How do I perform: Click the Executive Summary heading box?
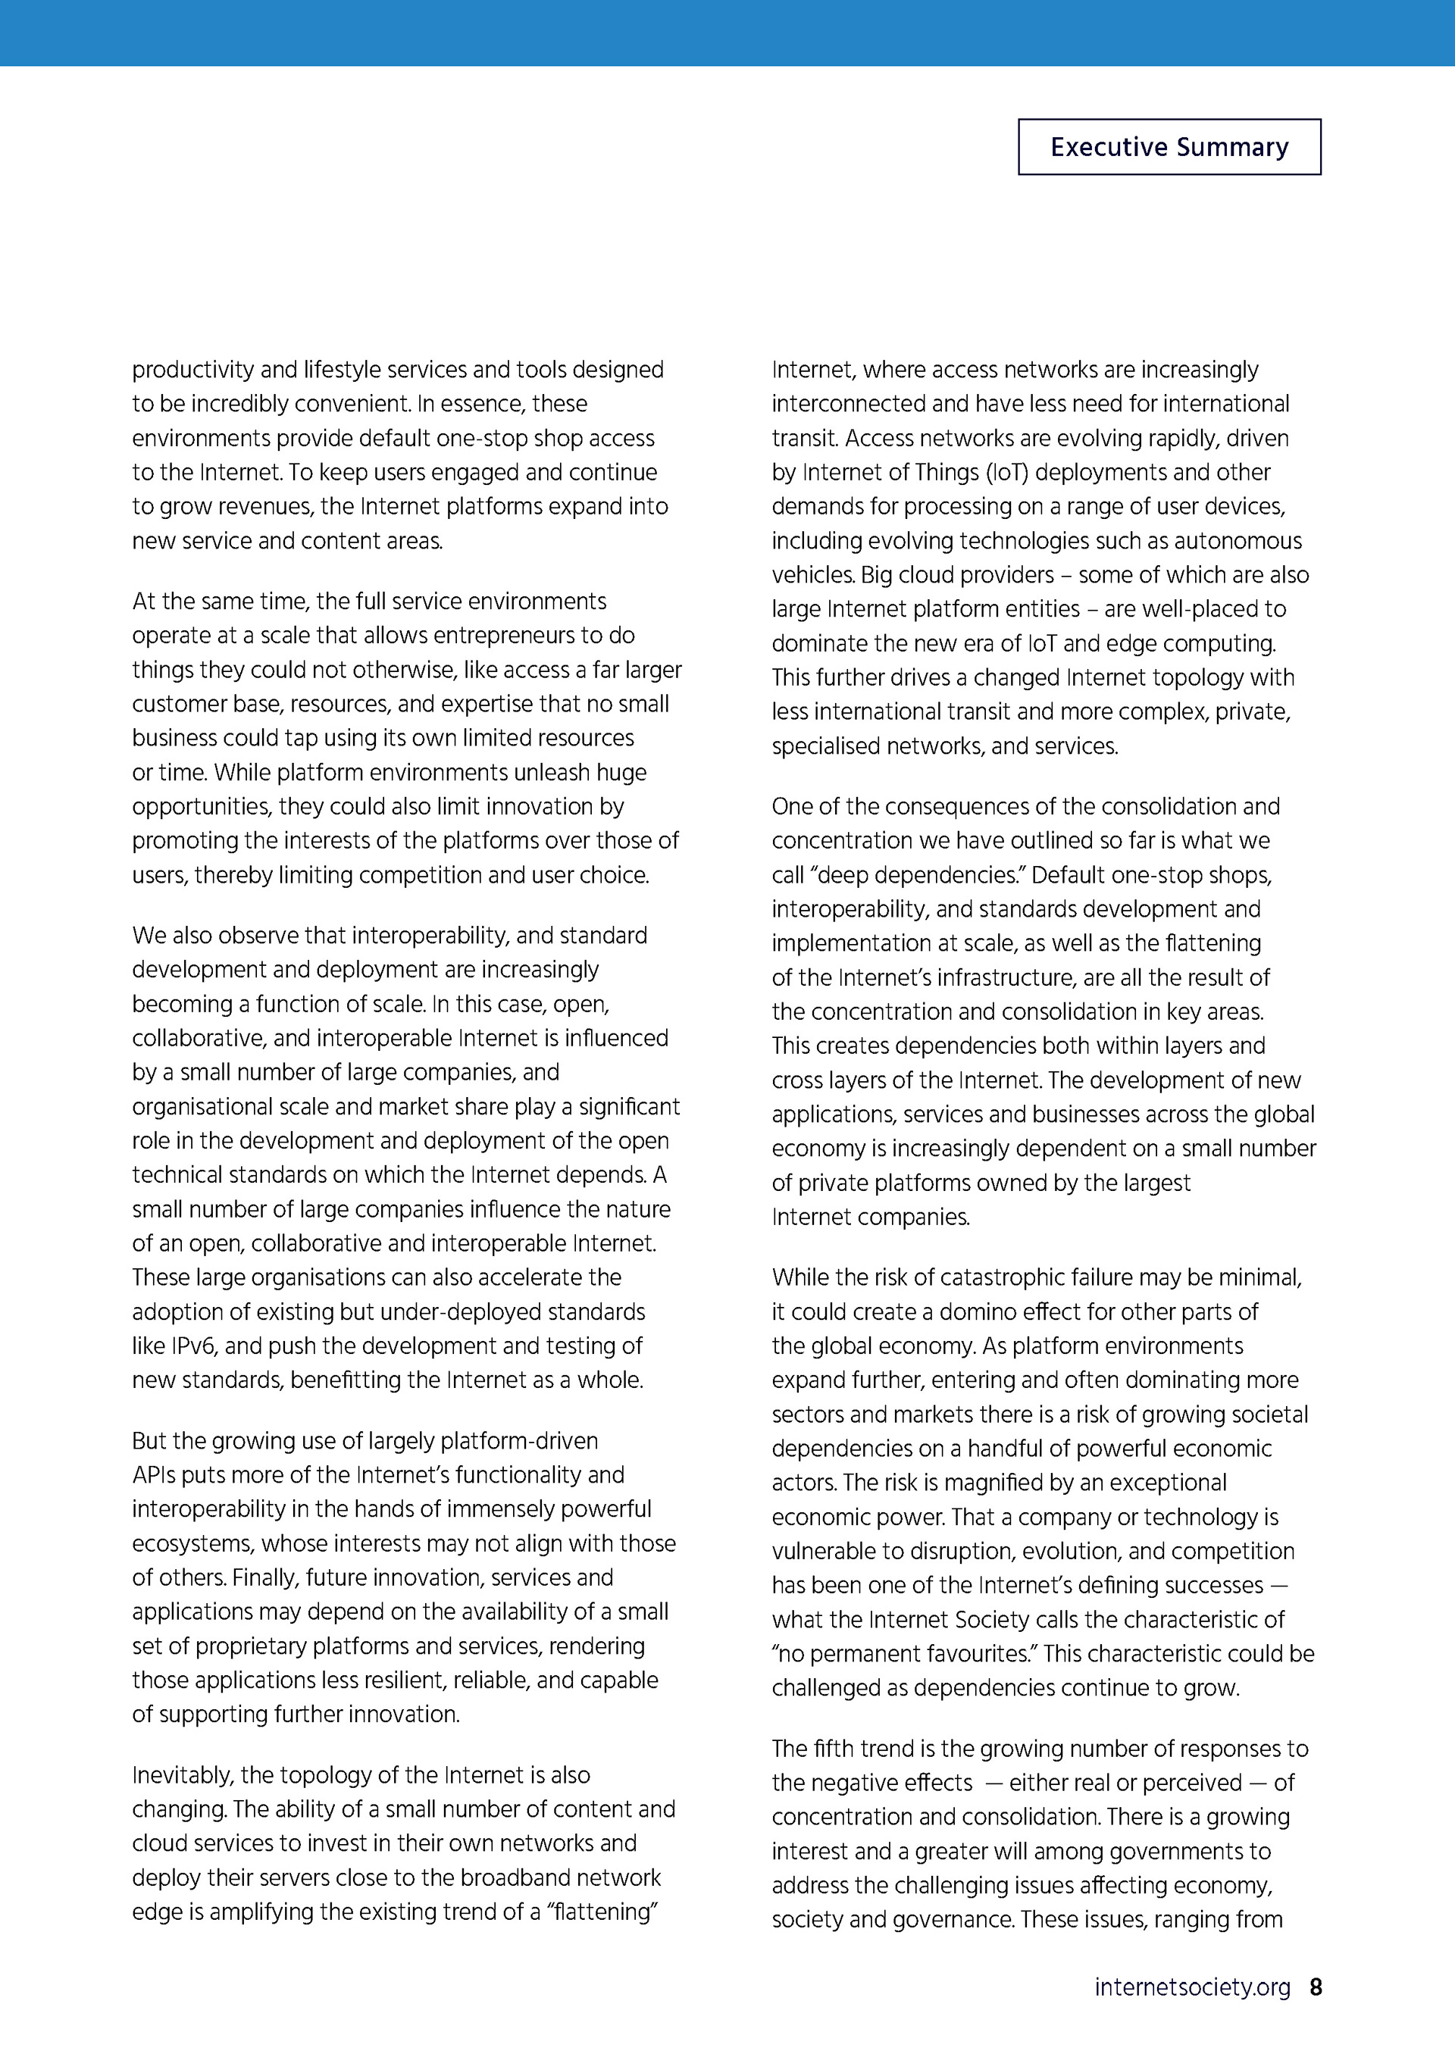1169,147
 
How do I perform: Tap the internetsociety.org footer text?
1191,1987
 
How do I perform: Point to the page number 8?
1316,1987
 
